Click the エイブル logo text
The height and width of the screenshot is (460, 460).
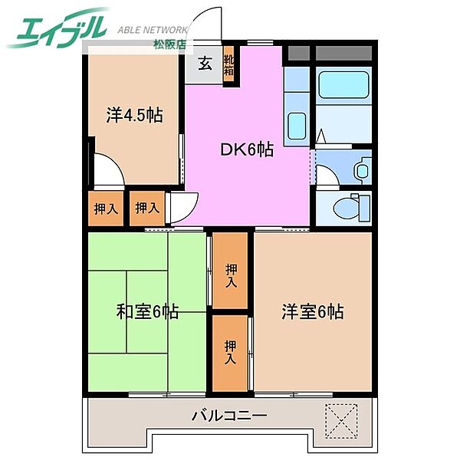tap(58, 29)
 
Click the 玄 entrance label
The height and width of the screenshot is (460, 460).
tap(205, 64)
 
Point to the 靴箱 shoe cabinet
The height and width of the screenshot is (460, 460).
tap(228, 64)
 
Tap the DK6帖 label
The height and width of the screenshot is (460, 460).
tap(247, 150)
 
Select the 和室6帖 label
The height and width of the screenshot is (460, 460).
tap(148, 312)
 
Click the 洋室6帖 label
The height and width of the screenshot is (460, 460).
tap(312, 312)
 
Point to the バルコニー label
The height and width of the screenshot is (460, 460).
tap(228, 417)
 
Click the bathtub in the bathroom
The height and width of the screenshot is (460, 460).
tap(343, 85)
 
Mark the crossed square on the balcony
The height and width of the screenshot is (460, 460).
tap(341, 420)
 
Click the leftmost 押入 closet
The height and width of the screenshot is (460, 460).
tap(105, 209)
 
